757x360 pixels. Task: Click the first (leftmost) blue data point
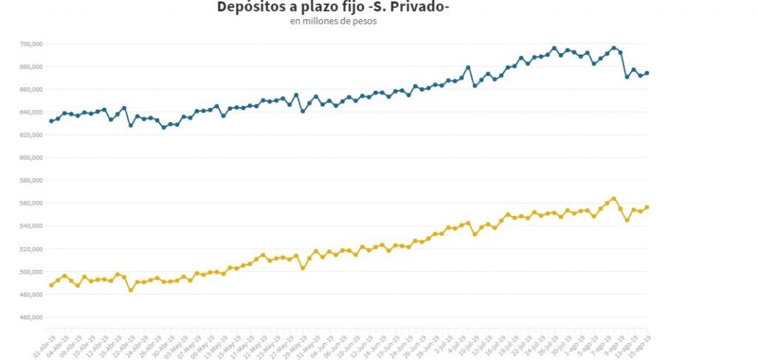click(51, 120)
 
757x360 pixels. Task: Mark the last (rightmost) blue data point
click(648, 72)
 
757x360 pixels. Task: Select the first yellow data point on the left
click(51, 285)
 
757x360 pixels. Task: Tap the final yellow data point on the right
click(648, 207)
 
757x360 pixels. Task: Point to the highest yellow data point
click(614, 199)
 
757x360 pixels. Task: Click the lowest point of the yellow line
click(131, 290)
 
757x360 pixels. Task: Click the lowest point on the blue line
click(164, 127)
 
